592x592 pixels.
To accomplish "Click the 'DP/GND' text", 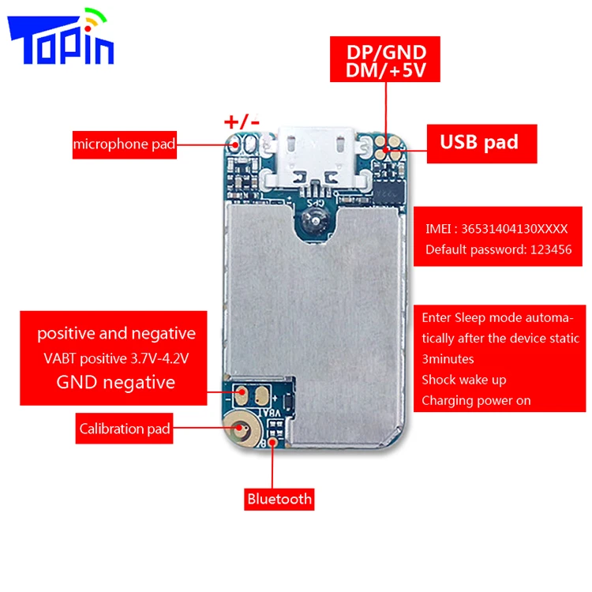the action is (387, 52).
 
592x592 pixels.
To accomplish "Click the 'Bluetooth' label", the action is (279, 498).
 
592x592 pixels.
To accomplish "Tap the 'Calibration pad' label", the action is (125, 429).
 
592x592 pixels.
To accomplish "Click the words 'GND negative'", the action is (115, 383).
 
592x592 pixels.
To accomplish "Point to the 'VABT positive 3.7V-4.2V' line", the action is (116, 358).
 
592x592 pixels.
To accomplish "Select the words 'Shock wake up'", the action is (463, 380).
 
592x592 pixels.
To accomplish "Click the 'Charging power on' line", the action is (476, 400).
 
